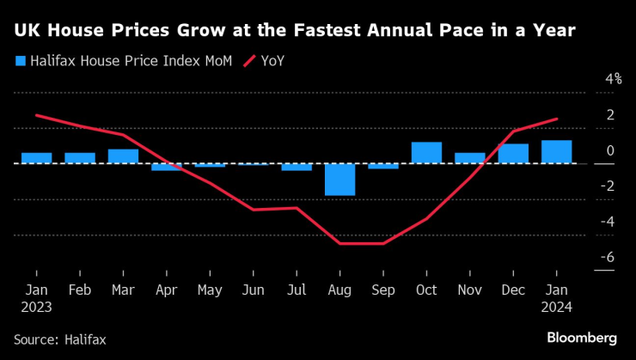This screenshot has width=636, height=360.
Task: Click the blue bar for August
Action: [x=339, y=179]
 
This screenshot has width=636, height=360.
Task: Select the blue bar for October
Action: [x=426, y=153]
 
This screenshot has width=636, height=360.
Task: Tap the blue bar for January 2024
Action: [x=556, y=152]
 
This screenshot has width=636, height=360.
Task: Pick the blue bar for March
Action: [x=123, y=156]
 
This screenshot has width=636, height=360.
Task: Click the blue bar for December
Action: [x=513, y=154]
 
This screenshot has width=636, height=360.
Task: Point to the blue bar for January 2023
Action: [x=36, y=158]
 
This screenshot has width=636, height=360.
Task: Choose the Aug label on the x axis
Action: [x=339, y=290]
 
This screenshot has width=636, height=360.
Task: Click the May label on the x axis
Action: [x=210, y=290]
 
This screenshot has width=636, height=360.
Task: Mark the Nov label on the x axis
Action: [x=469, y=290]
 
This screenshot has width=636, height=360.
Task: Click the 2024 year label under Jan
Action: [x=556, y=306]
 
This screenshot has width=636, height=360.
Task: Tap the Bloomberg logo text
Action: [x=582, y=338]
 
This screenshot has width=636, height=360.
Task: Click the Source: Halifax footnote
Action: [x=59, y=339]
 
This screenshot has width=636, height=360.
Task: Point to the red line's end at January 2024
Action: [x=556, y=119]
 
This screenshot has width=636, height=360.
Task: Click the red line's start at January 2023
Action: [x=36, y=115]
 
